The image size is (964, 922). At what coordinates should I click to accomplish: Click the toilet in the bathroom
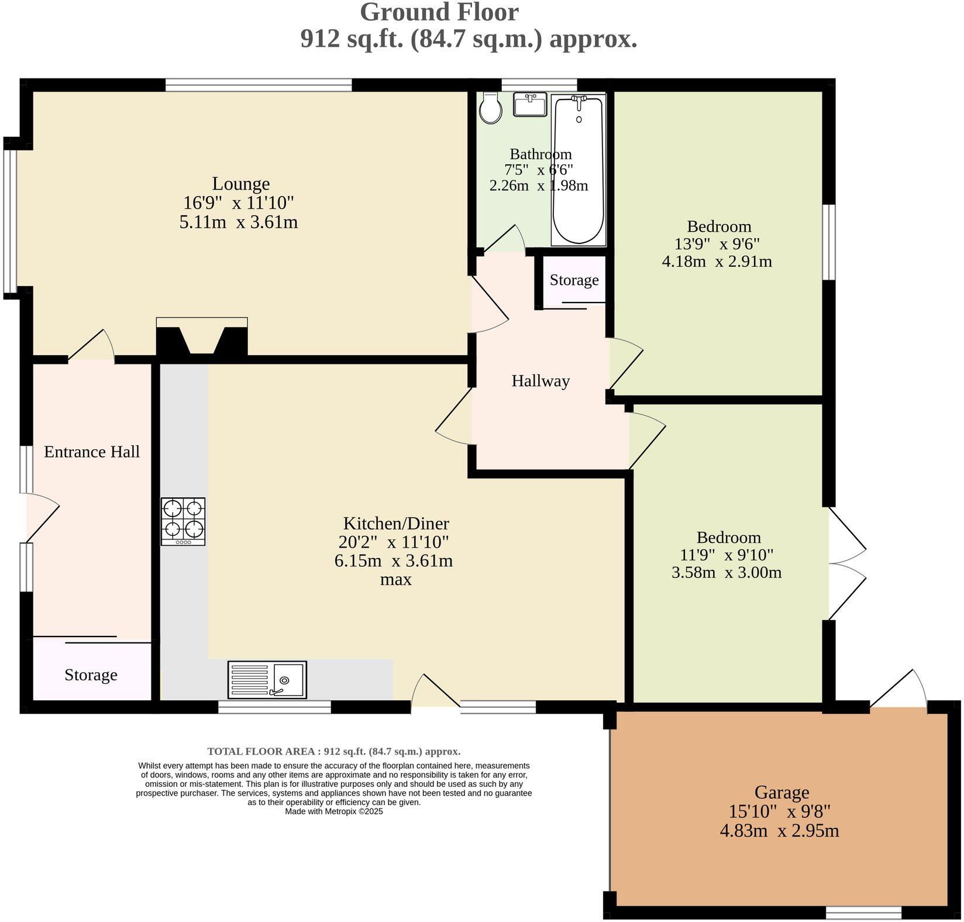(x=490, y=108)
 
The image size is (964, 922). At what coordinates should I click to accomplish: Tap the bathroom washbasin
(x=530, y=105)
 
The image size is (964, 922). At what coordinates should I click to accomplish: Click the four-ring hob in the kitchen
(x=183, y=521)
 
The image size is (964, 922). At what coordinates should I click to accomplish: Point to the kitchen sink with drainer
(x=267, y=679)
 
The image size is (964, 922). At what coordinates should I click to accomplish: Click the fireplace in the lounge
(x=202, y=338)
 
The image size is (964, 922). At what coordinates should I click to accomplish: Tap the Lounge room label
(x=240, y=184)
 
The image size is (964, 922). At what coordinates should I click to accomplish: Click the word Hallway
(x=540, y=381)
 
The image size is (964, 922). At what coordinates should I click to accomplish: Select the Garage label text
(x=781, y=792)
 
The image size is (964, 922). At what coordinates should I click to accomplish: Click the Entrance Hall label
(x=92, y=452)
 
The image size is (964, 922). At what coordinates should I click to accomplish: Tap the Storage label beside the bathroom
(x=574, y=280)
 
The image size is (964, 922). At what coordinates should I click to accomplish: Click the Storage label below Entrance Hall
(x=91, y=675)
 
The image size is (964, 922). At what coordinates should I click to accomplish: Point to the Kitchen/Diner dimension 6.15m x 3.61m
(x=393, y=560)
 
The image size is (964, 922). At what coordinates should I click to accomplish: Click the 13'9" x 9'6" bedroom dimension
(x=717, y=243)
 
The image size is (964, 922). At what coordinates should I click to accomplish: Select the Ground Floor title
(x=439, y=12)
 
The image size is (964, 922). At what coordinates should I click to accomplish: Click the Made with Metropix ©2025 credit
(x=333, y=811)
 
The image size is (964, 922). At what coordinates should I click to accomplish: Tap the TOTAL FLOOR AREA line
(x=333, y=751)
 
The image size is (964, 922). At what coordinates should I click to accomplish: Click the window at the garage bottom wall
(x=863, y=912)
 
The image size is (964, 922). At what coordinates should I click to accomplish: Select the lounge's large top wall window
(x=259, y=85)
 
